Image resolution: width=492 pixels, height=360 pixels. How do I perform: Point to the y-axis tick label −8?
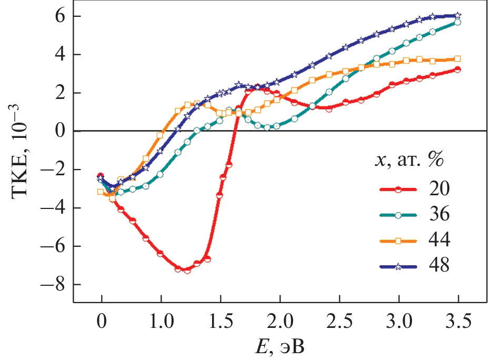53,285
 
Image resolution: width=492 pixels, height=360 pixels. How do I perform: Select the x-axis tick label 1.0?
161,321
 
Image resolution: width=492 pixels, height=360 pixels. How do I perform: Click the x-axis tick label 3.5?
458,321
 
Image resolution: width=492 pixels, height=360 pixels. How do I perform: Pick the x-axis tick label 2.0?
280,321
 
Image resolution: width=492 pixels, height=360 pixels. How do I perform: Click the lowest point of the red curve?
187,271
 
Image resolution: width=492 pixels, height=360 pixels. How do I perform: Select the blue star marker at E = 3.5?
458,15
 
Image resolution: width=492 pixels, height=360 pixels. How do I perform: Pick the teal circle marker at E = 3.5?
458,22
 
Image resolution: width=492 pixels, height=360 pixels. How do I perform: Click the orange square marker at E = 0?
101,192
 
